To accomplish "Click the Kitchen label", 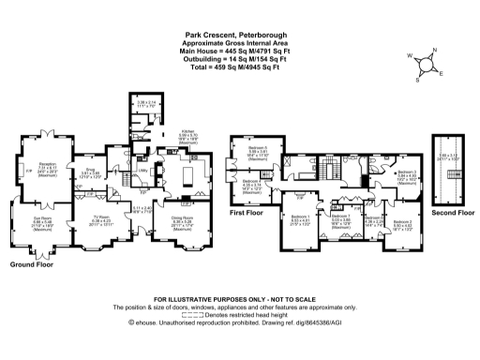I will coord(187,134).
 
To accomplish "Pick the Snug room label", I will coord(90,174).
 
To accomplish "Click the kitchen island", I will coord(181,175).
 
